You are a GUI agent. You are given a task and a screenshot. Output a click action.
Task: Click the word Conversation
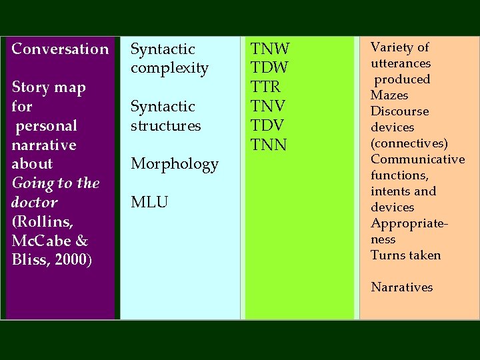60,49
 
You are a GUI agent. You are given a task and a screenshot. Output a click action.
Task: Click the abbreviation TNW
269,49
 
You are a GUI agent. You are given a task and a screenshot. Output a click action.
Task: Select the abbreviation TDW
269,68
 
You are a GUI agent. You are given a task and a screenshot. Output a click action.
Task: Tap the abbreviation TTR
265,87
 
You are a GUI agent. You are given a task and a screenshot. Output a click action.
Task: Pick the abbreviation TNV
268,106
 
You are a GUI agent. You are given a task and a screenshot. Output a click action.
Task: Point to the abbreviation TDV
268,125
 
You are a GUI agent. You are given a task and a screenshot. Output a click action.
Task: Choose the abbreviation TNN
268,145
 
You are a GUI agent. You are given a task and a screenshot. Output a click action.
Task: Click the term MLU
149,202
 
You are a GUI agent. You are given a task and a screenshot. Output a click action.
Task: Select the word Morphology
175,164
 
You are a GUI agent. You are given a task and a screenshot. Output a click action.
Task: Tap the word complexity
169,68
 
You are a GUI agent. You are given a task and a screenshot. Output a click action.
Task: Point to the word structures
165,125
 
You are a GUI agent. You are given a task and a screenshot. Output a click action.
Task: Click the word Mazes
389,95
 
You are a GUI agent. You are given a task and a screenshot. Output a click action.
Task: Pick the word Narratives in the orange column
401,287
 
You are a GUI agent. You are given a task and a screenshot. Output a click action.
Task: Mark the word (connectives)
409,143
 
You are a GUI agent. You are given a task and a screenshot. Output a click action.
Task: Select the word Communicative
417,159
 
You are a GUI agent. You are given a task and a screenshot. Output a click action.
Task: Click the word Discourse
399,111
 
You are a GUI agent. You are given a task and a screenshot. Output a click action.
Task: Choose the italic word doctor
35,202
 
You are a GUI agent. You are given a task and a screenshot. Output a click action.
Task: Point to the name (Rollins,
39,221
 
